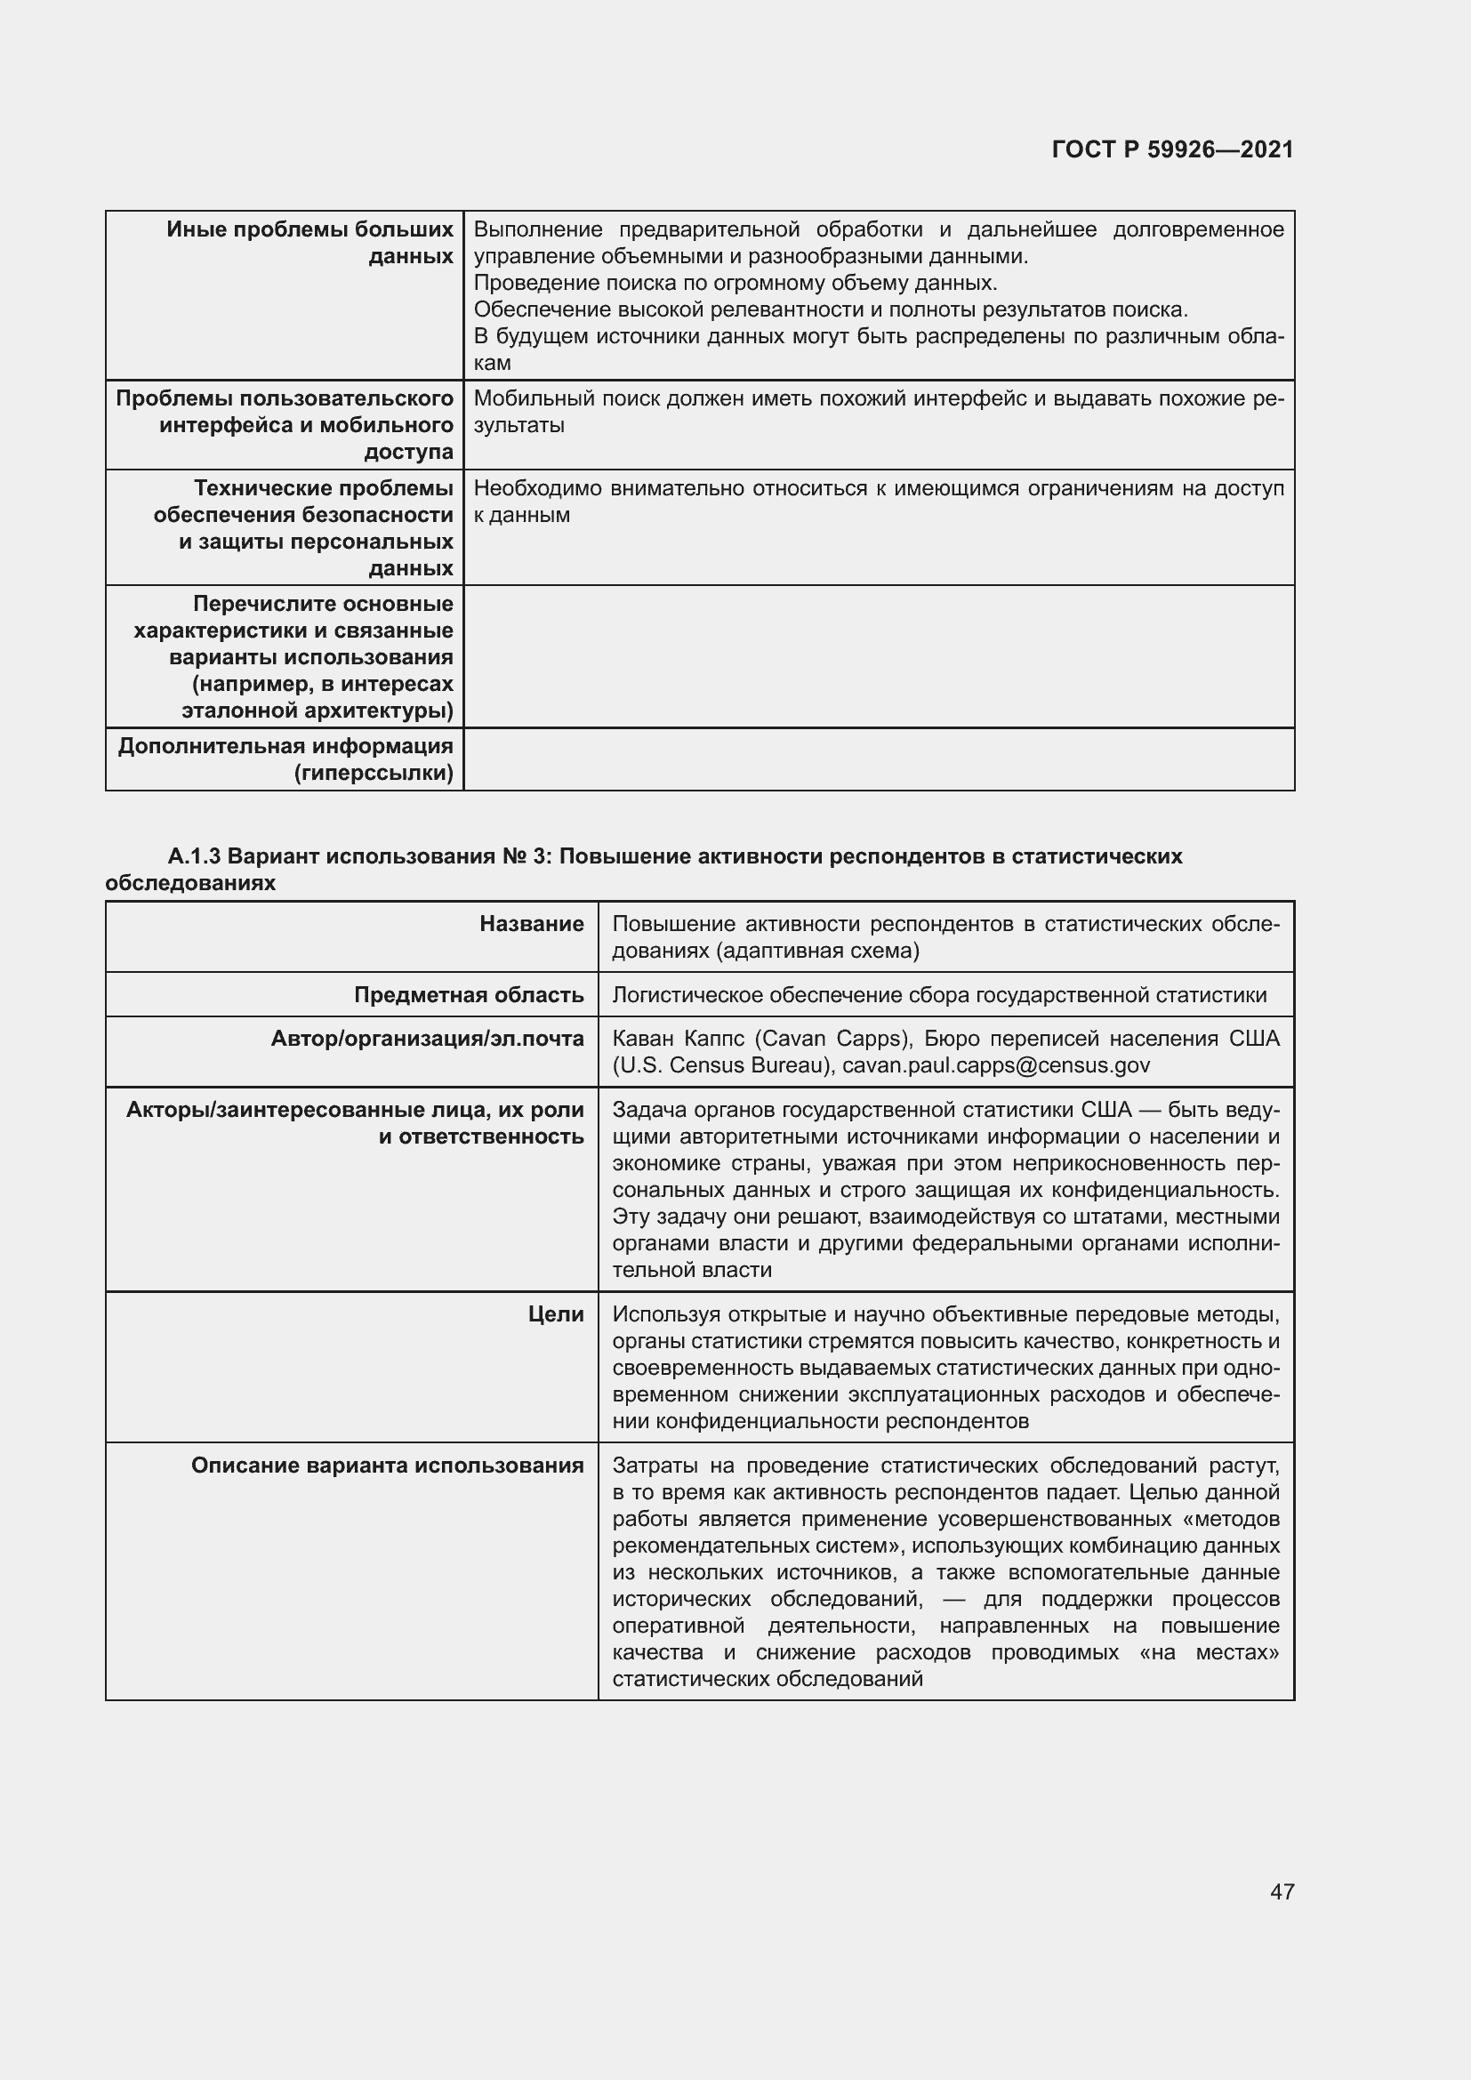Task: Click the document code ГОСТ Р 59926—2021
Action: tap(1172, 149)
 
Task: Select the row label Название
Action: tap(532, 924)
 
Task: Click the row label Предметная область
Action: tap(469, 995)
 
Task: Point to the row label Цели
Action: tap(555, 1313)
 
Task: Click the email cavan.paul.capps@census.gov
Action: tap(995, 1064)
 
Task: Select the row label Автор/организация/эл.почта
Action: tap(427, 1038)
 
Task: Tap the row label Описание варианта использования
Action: tap(387, 1465)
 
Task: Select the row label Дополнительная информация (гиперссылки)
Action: tap(285, 759)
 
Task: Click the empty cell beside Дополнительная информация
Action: tap(878, 759)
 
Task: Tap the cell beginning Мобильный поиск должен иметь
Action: tap(878, 412)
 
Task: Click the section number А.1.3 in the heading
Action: tap(194, 856)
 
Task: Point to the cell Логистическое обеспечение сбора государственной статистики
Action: tap(939, 995)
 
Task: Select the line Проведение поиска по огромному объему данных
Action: tap(735, 283)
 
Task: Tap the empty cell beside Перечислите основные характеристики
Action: tap(878, 657)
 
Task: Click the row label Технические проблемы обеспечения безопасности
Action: tap(303, 527)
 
